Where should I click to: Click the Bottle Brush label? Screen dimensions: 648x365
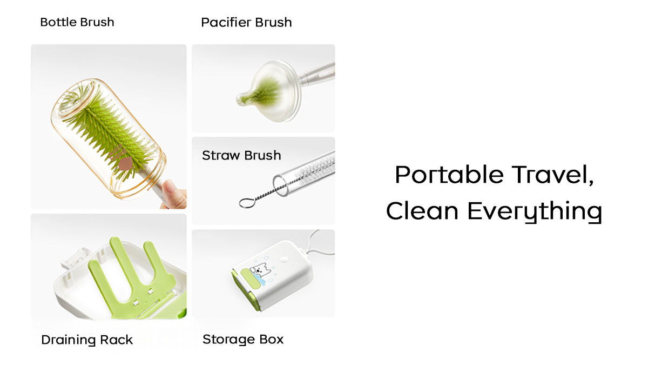pyautogui.click(x=77, y=22)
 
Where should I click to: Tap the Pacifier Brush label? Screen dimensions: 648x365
pyautogui.click(x=246, y=22)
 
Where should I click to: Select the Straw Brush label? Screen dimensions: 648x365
pyautogui.click(x=241, y=155)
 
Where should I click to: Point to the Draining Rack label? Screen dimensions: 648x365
pyautogui.click(x=87, y=340)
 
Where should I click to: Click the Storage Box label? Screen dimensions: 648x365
pyautogui.click(x=243, y=339)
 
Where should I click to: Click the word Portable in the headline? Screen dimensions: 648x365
pyautogui.click(x=449, y=174)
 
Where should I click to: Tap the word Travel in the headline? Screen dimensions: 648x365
pyautogui.click(x=553, y=175)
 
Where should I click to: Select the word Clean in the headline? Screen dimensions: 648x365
pyautogui.click(x=422, y=210)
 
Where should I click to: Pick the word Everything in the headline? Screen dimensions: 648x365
pyautogui.click(x=535, y=212)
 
